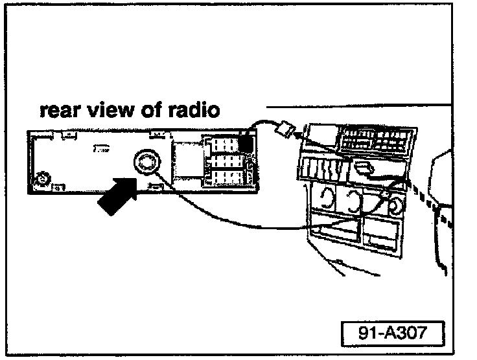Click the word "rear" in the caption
[62, 111]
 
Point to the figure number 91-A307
[393, 334]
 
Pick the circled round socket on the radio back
[145, 162]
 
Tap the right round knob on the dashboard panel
[393, 206]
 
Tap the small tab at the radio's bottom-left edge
[56, 188]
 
